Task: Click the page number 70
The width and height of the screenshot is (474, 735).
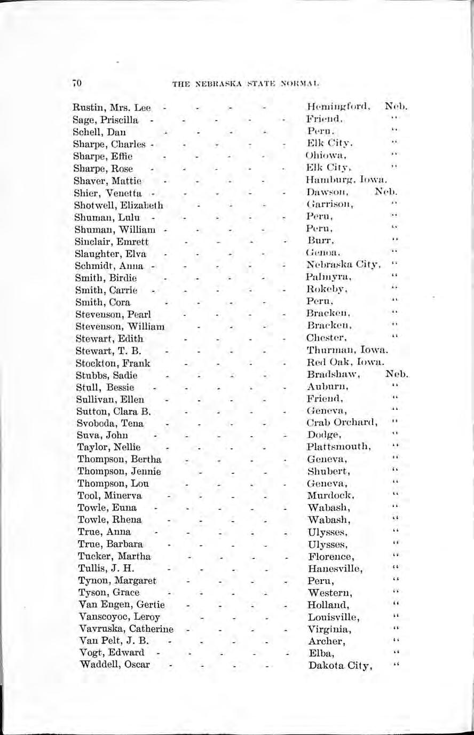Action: [76, 83]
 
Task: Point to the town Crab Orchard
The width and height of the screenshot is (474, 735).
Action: [342, 423]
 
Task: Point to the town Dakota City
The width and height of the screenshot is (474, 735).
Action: [339, 666]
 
